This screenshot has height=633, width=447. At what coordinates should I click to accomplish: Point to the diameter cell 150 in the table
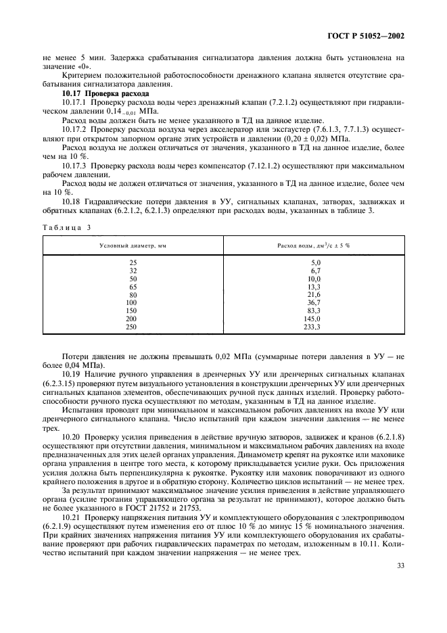coord(132,310)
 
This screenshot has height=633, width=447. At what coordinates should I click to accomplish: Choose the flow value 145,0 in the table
coord(314,319)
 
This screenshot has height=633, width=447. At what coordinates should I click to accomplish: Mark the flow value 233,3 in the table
coord(314,327)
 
